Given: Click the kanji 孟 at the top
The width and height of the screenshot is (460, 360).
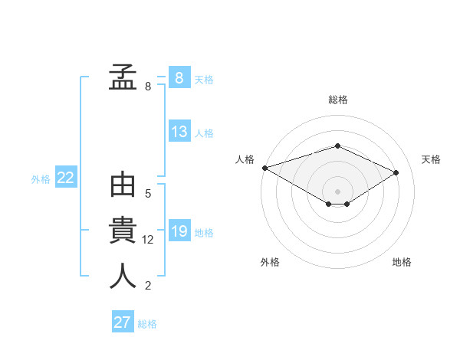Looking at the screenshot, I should click(x=123, y=77).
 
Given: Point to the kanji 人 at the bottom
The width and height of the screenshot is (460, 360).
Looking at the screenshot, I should click(x=123, y=276).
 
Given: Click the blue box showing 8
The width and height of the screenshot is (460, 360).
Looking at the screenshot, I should click(x=179, y=78).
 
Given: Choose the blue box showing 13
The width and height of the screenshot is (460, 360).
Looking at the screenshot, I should click(x=179, y=132).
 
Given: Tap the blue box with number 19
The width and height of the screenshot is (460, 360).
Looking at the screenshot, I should click(x=179, y=231).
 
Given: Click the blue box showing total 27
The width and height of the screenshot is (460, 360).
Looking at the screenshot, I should click(x=122, y=322).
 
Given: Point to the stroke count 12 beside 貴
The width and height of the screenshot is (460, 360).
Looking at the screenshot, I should click(x=148, y=240).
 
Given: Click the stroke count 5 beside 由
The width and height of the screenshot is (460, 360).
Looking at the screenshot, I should click(x=148, y=194).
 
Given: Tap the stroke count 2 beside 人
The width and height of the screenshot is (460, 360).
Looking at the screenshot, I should click(x=148, y=286).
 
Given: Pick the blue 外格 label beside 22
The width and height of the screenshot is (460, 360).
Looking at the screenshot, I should click(x=41, y=179).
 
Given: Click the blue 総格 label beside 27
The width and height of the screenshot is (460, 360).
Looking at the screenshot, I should click(x=147, y=324).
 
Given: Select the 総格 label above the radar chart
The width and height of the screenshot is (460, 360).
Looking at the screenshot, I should click(x=338, y=100).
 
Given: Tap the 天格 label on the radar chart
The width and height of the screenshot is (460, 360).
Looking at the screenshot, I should click(x=431, y=159).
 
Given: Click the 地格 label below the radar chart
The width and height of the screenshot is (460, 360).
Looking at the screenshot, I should click(x=402, y=262).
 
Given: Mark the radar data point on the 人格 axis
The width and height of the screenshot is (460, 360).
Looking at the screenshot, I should click(x=264, y=168).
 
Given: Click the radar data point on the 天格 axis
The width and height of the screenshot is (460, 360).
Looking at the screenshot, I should click(x=396, y=172).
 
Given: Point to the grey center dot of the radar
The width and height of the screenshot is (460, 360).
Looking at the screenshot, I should click(x=337, y=191).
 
